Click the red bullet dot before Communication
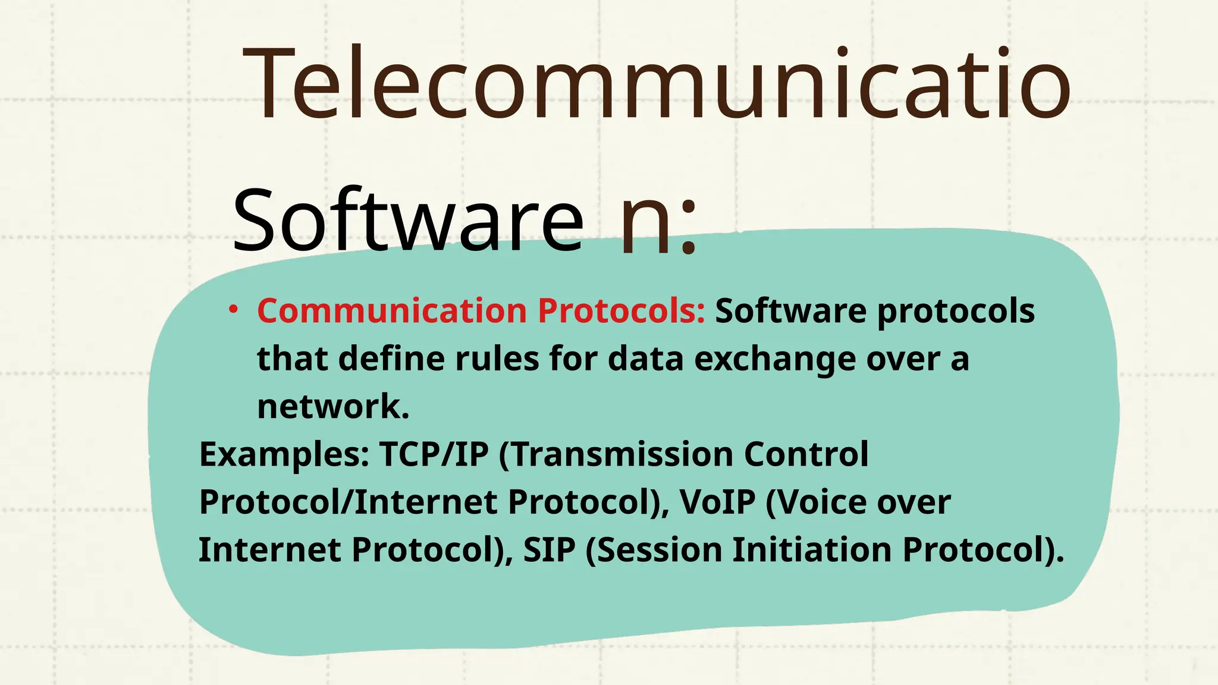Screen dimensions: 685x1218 click(234, 309)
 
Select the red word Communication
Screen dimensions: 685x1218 click(392, 311)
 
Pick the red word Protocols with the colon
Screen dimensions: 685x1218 click(621, 311)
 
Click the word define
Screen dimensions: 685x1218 click(391, 359)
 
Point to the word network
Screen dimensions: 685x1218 click(333, 406)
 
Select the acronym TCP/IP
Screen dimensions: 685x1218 click(434, 455)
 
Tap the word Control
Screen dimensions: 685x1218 click(806, 455)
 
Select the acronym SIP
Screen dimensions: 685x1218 click(549, 550)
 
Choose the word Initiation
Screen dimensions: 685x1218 click(812, 550)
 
